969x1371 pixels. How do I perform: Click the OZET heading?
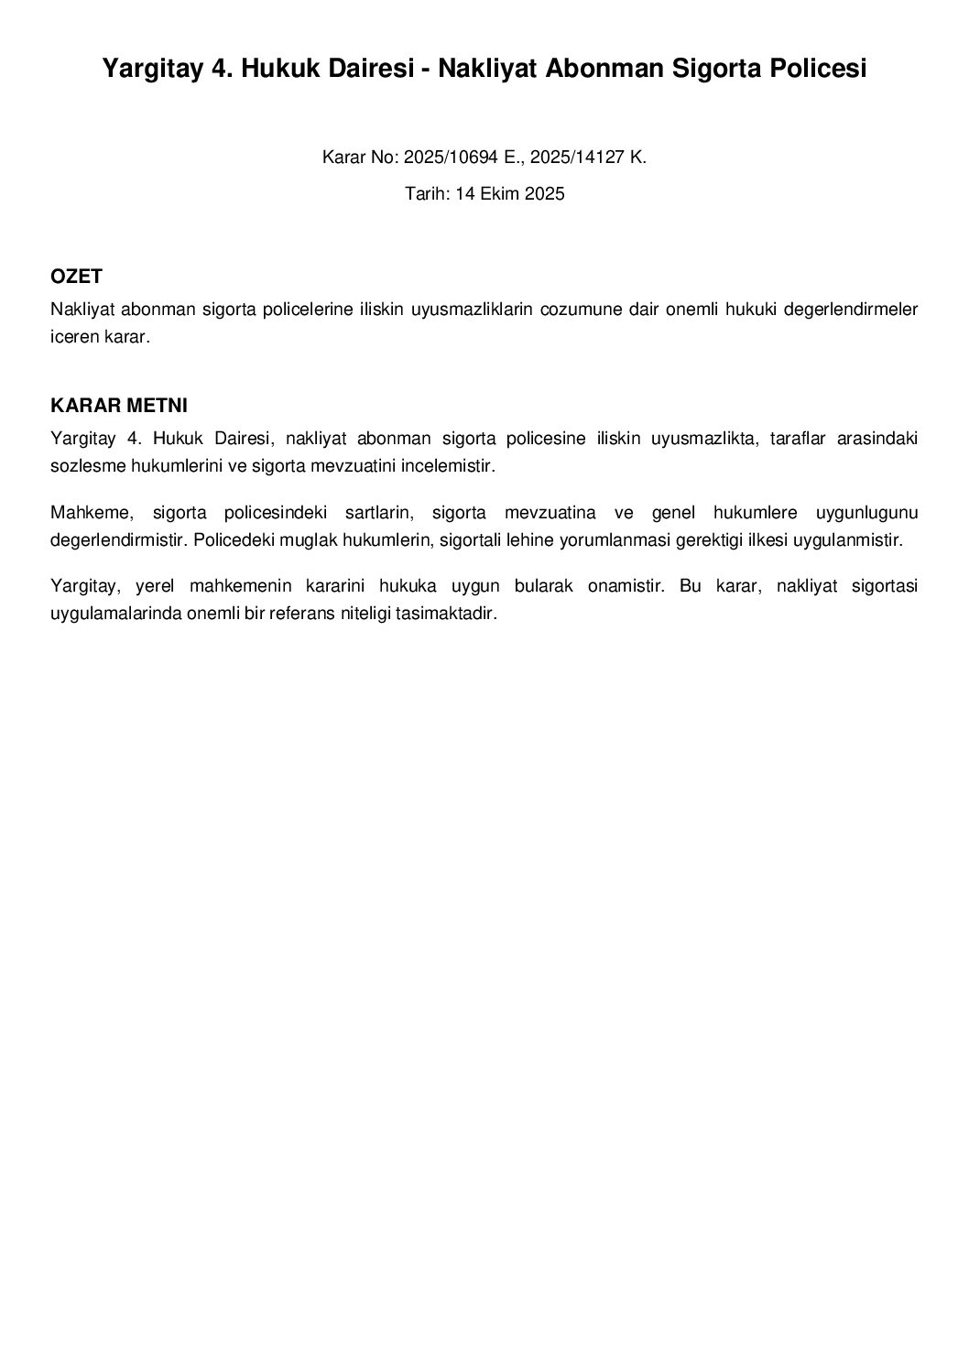tap(76, 277)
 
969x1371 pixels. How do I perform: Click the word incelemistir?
tap(447, 466)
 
